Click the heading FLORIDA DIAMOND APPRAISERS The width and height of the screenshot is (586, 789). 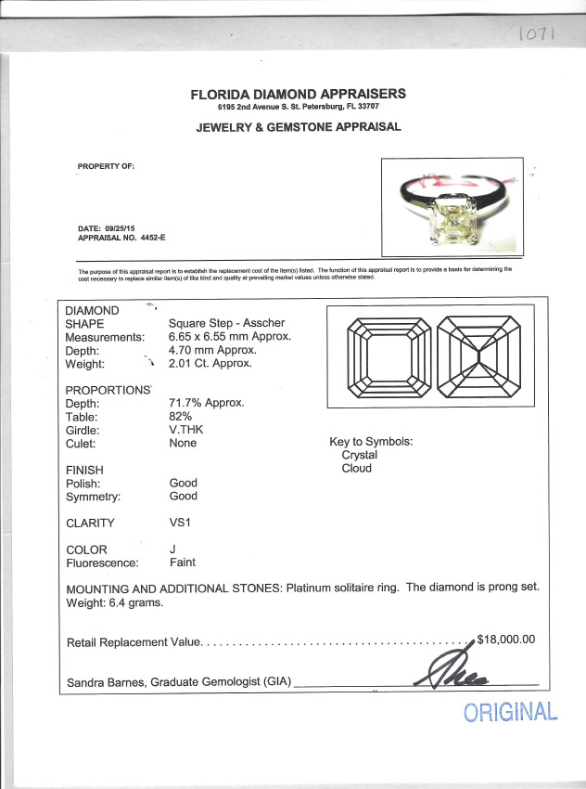pyautogui.click(x=298, y=94)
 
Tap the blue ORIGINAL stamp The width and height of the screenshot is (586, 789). pyautogui.click(x=511, y=712)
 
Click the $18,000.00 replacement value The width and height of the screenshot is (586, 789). pyautogui.click(x=505, y=640)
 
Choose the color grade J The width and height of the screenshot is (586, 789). pyautogui.click(x=172, y=550)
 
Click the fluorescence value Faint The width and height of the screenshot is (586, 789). pyautogui.click(x=183, y=563)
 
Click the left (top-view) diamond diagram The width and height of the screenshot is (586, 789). pyautogui.click(x=387, y=358)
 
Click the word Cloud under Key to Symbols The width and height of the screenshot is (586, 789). pyautogui.click(x=356, y=468)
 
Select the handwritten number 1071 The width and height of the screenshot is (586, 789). pyautogui.click(x=534, y=35)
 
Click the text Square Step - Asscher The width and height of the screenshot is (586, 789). pyautogui.click(x=227, y=323)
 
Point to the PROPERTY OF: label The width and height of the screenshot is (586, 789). pyautogui.click(x=106, y=166)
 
